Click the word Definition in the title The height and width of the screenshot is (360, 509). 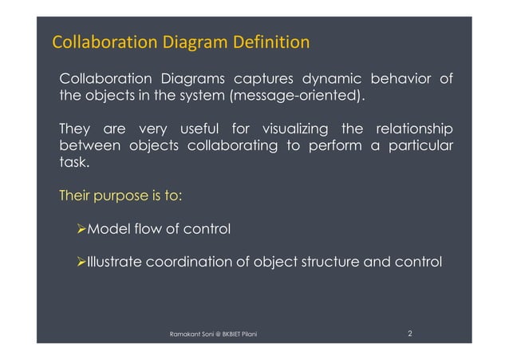[x=270, y=41]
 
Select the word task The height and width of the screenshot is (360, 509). [x=74, y=164]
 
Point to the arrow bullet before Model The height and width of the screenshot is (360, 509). [x=78, y=230]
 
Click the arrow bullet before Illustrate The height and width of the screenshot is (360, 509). [x=78, y=262]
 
